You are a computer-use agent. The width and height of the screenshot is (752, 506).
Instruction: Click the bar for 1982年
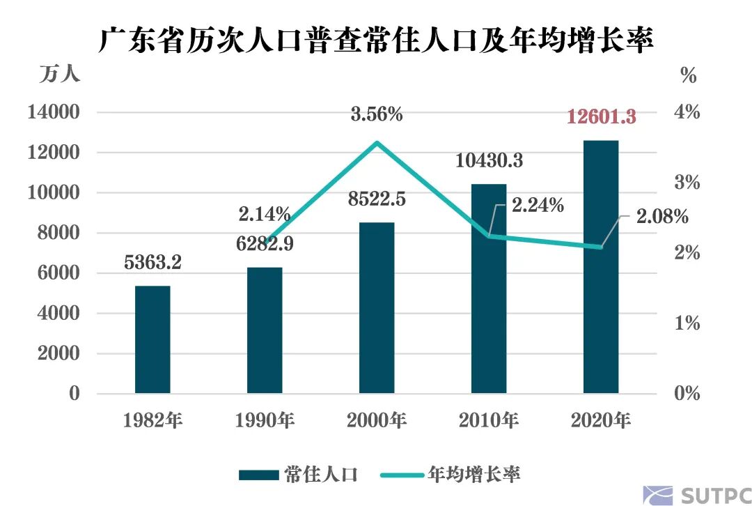pos(152,339)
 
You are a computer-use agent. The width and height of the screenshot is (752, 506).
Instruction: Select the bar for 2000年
pos(377,308)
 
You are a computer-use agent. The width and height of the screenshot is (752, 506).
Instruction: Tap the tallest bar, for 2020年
pos(601,267)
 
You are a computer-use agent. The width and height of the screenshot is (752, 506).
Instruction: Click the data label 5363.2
pos(152,263)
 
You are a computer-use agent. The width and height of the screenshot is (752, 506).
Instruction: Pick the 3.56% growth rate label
pos(377,114)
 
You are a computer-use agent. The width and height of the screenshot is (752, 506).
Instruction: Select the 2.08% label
pos(661,217)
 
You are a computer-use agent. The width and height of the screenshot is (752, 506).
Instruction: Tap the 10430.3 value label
pos(489,161)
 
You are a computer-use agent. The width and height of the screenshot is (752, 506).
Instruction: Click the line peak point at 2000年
pos(377,143)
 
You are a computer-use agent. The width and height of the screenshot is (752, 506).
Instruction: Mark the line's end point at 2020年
pos(601,247)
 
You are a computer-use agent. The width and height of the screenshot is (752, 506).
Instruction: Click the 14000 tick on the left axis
pos(53,112)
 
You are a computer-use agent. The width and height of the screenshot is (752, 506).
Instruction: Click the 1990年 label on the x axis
pos(265,420)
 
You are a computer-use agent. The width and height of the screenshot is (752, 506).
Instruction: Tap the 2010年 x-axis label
pos(489,420)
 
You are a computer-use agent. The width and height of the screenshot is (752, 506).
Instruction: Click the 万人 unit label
pos(58,75)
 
